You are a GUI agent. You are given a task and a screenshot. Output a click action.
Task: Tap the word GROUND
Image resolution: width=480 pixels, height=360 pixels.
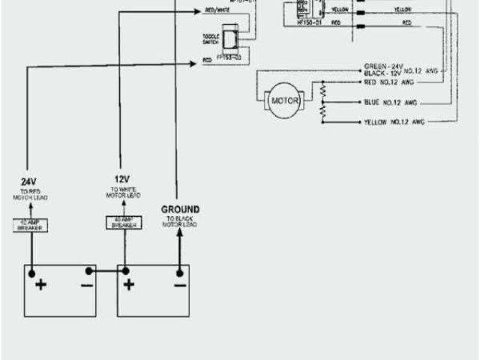click(x=180, y=209)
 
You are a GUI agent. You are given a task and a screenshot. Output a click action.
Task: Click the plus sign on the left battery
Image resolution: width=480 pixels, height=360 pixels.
click(x=40, y=284)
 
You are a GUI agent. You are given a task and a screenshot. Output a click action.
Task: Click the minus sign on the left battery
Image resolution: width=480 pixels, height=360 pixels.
click(x=87, y=284)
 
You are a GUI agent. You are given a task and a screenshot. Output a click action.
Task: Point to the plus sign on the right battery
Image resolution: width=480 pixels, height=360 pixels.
click(x=129, y=284)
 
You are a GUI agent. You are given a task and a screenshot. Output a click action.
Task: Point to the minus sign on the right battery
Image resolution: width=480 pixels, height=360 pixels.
click(x=180, y=284)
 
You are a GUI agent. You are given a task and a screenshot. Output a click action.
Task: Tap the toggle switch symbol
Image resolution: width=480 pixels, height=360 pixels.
click(x=233, y=37)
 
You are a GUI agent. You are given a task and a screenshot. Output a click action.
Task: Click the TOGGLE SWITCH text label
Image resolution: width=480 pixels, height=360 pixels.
click(x=211, y=39)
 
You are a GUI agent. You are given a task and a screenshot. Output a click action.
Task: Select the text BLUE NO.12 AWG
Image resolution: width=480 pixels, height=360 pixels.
click(x=390, y=102)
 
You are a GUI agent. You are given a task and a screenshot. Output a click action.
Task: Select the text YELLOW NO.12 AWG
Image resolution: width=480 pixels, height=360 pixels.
click(x=393, y=121)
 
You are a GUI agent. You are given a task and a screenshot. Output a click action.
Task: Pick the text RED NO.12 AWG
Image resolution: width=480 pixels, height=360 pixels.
click(x=388, y=82)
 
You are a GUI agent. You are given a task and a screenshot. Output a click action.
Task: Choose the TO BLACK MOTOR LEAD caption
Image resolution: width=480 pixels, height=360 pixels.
click(x=180, y=223)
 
